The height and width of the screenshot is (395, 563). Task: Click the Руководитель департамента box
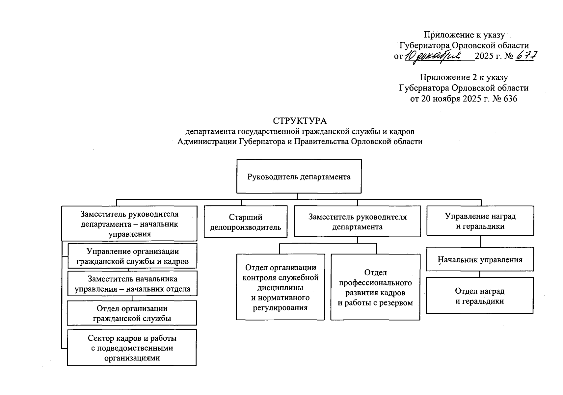[299, 176]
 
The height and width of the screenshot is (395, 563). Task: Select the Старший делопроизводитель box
[245, 222]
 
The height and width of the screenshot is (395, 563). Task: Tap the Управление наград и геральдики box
[480, 221]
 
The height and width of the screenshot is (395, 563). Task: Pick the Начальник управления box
[480, 259]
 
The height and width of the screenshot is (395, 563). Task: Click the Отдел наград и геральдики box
[479, 296]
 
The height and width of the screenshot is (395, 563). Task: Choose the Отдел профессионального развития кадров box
[375, 287]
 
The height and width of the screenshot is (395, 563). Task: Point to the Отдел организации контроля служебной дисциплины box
[281, 287]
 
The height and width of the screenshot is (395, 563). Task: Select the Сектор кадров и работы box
[132, 348]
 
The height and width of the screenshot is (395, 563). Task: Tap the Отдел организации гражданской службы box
[132, 313]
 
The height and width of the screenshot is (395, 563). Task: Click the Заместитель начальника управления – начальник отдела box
[132, 283]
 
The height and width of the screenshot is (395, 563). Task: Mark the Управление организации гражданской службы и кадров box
[132, 256]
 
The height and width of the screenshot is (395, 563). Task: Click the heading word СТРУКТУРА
[300, 121]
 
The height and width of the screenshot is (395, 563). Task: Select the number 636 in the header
[510, 98]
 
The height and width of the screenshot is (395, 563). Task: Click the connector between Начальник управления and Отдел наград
[480, 274]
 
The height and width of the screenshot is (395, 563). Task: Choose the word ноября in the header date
[447, 98]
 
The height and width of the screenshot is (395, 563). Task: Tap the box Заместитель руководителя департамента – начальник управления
[129, 224]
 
